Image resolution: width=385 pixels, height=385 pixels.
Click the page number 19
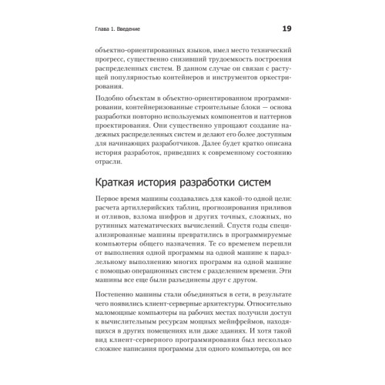pos(286,29)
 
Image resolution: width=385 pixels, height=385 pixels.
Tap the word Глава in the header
pos(102,30)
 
